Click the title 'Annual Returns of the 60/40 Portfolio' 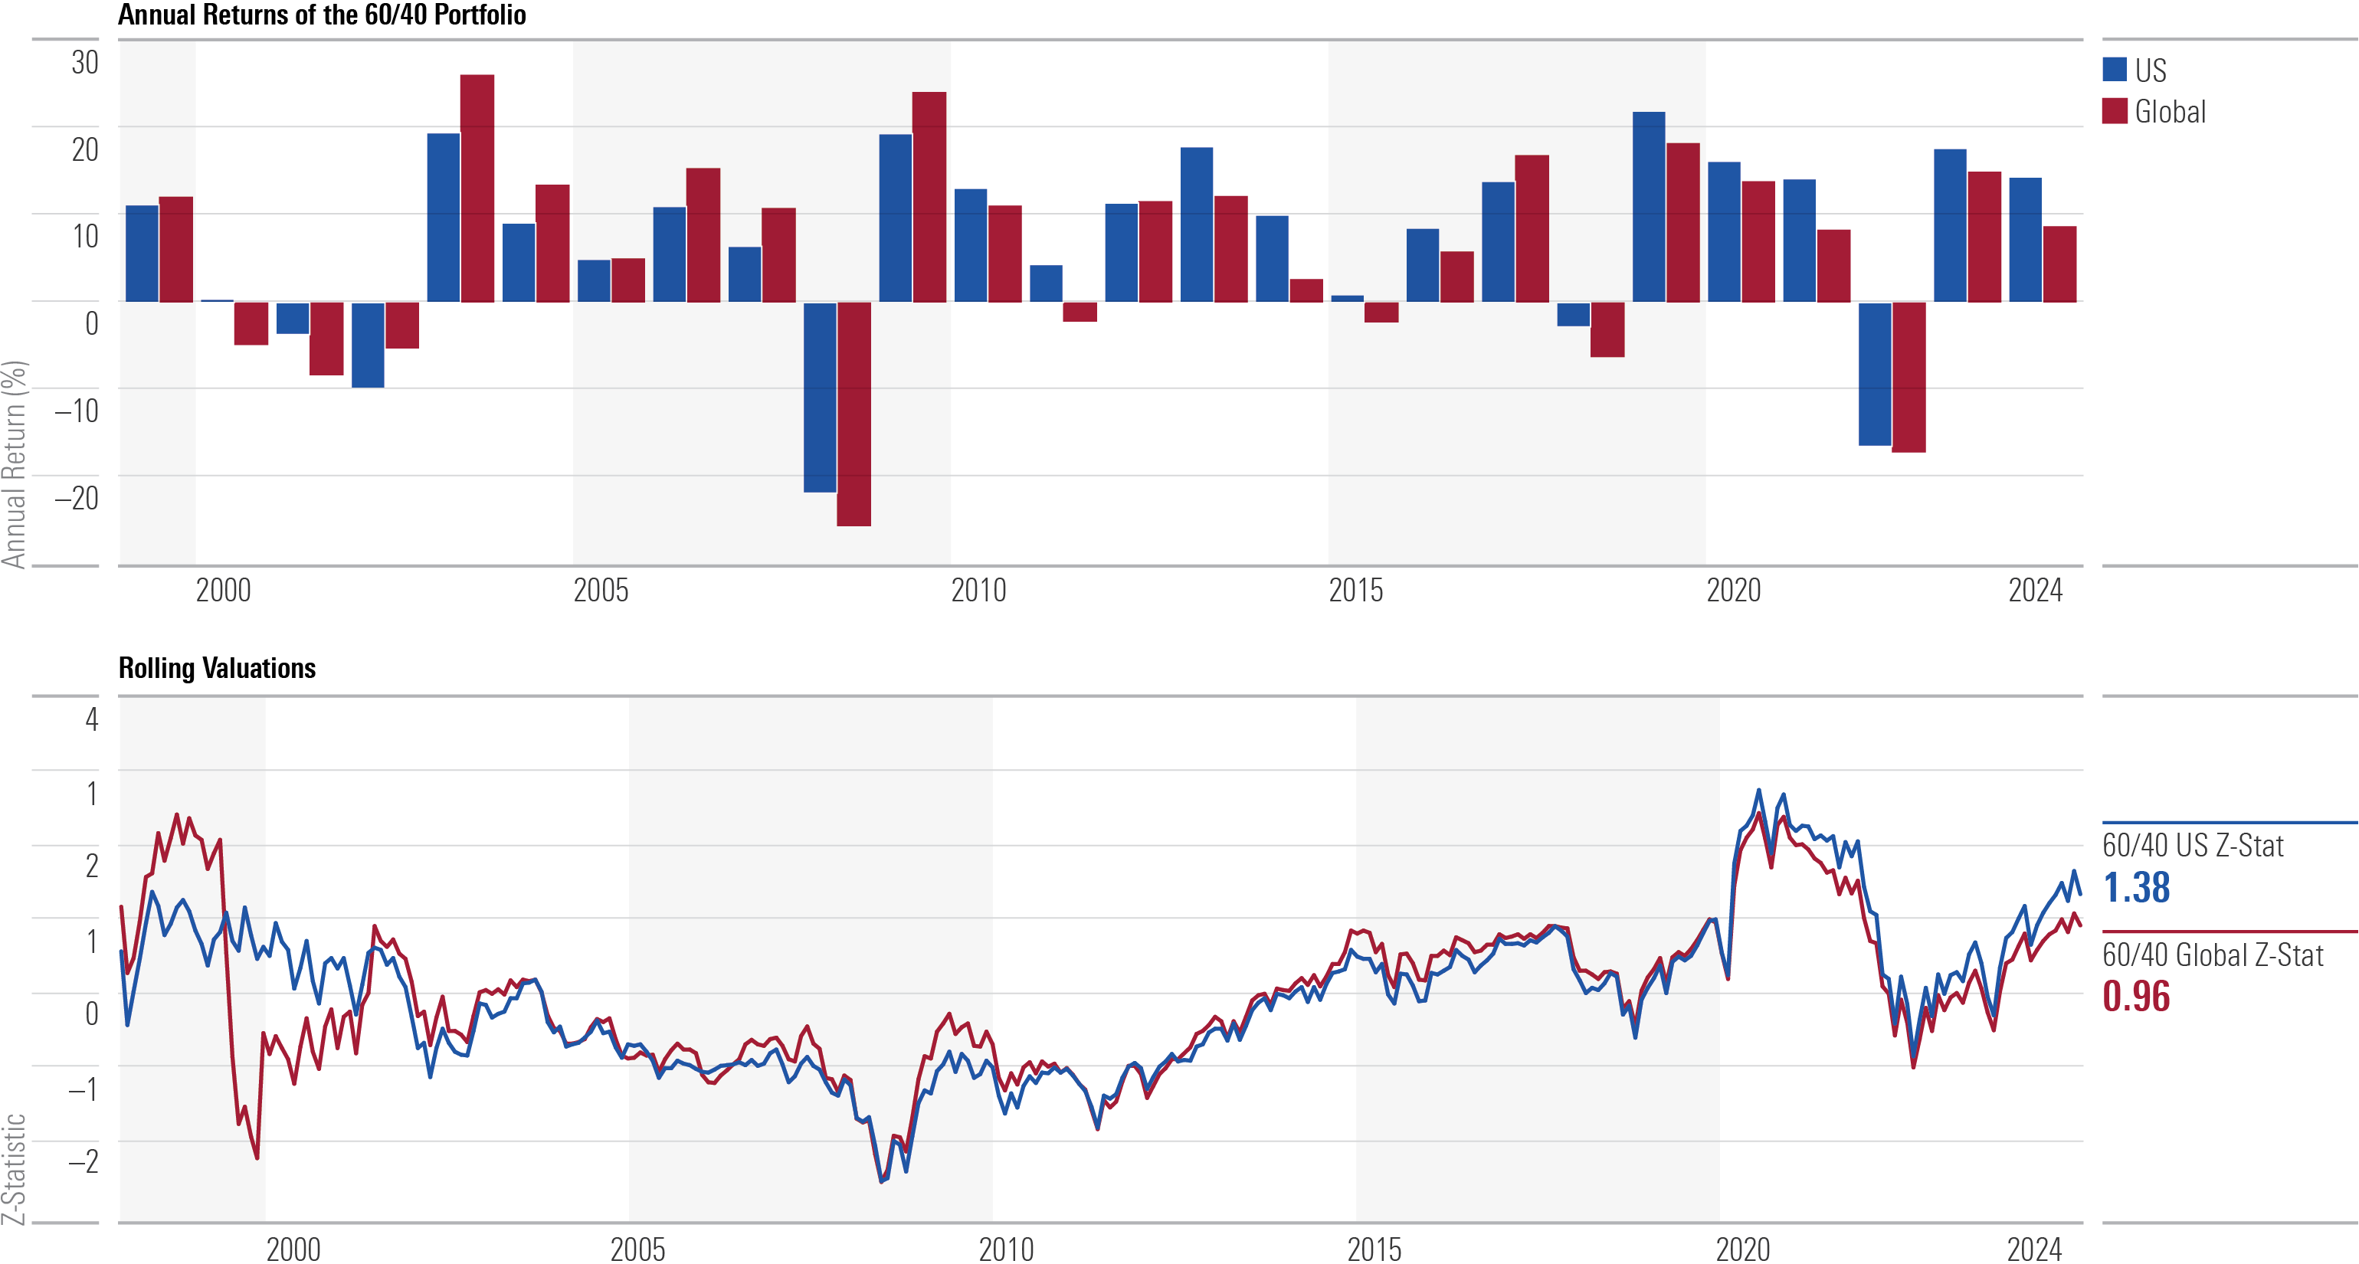pos(322,15)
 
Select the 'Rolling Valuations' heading pos(217,669)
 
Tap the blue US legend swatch pos(2115,70)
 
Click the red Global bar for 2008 pos(853,413)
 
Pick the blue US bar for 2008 pos(820,397)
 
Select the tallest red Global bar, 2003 pos(477,188)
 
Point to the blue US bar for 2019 pos(1648,206)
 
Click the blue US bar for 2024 pos(2025,239)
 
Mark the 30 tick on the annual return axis pos(85,62)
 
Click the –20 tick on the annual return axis pos(77,498)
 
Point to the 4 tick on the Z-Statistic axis pos(92,720)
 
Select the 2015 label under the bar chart pos(1355,591)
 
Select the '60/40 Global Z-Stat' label pos(2212,955)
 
